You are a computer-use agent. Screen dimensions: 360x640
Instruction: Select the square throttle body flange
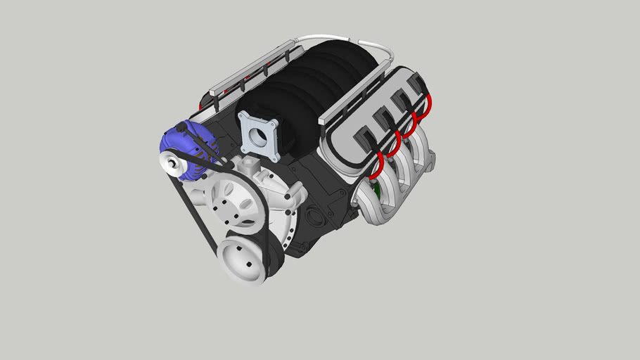coord(260,134)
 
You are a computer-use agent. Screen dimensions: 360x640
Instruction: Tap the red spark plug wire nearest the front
coord(377,166)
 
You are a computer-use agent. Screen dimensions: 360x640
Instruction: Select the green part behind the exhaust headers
coord(377,188)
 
